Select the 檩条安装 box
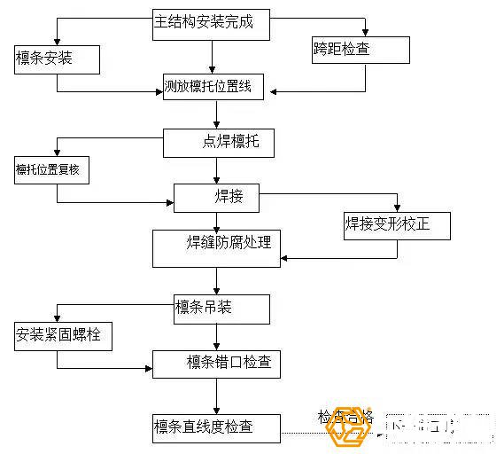tap(57, 60)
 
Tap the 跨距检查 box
tap(361, 50)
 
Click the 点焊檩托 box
tap(218, 142)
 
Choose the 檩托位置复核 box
tap(52, 169)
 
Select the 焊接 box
tap(217, 197)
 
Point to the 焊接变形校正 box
tap(396, 224)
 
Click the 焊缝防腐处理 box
tap(216, 247)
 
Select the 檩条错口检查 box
tap(217, 363)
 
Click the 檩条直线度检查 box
tap(217, 427)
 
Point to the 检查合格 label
tap(345, 416)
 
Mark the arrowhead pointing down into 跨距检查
tap(364, 33)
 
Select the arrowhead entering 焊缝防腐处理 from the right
tap(285, 258)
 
